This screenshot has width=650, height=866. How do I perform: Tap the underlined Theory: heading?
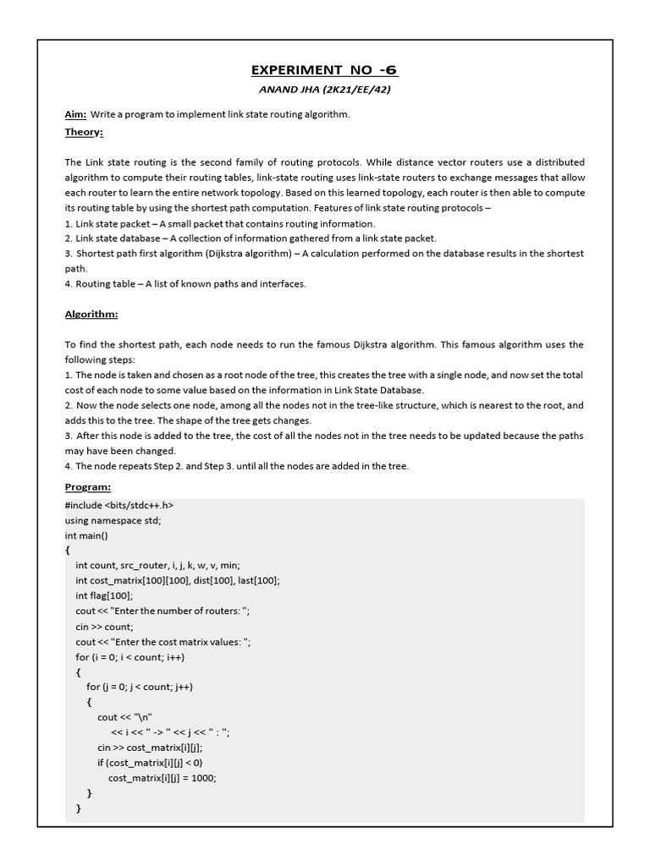coord(84,132)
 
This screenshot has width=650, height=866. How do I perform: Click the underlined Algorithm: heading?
coord(91,315)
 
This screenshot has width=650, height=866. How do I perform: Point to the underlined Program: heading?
coord(88,488)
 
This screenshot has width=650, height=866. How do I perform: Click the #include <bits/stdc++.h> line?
coord(119,505)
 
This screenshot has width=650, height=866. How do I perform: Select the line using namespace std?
coord(113,520)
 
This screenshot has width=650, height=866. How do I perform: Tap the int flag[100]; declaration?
coord(104,595)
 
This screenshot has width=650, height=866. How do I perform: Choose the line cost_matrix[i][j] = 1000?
coord(162,778)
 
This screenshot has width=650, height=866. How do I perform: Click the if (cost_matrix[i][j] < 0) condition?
coord(150,763)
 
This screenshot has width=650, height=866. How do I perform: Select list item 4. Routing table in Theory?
coord(185,284)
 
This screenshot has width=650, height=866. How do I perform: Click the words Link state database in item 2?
coord(119,238)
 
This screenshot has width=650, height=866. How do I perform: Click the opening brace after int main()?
coord(68,551)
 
